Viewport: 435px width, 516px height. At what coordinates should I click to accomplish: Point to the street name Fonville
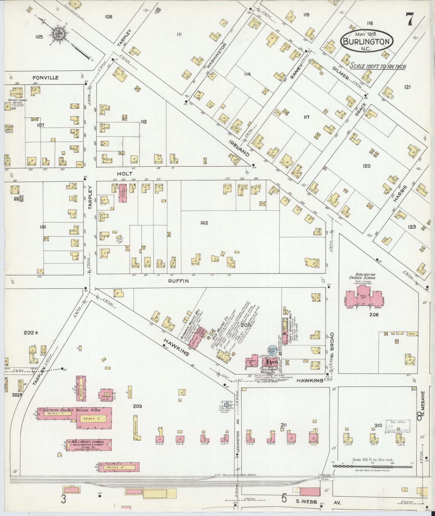[x=45, y=78]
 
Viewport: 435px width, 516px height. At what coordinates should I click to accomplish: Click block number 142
[x=204, y=223]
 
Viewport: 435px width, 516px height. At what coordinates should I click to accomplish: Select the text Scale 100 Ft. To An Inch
[x=378, y=66]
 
